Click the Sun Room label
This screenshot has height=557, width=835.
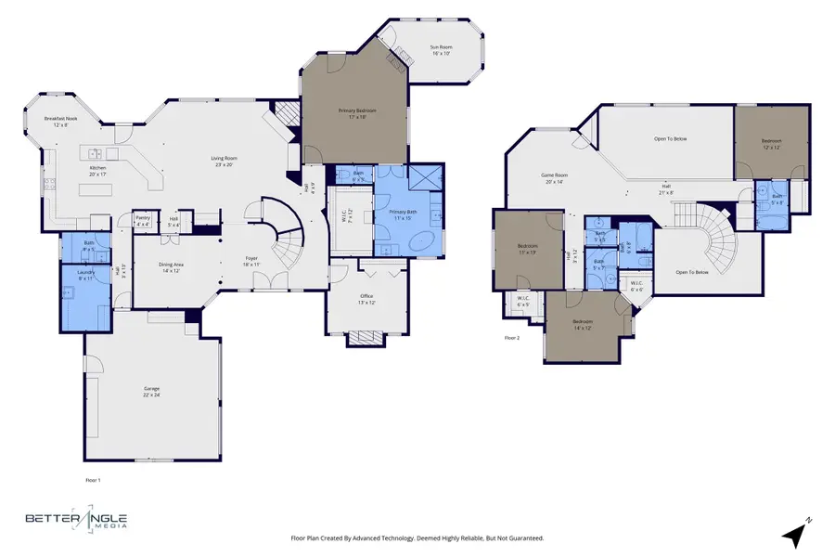click(x=439, y=46)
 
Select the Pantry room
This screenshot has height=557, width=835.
click(x=143, y=221)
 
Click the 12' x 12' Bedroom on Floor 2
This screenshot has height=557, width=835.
click(x=772, y=144)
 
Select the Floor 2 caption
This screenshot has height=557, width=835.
click(x=512, y=338)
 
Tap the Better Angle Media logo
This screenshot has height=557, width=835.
click(x=76, y=521)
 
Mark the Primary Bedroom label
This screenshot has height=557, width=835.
click(x=357, y=111)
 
